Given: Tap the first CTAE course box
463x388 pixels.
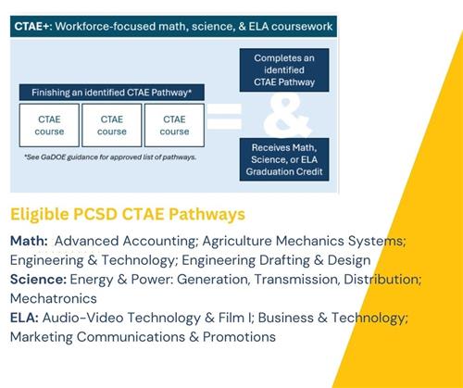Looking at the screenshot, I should coord(49,125).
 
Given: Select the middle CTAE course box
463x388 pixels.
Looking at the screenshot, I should coord(112,125).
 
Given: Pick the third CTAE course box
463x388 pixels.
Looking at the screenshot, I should coord(174,125).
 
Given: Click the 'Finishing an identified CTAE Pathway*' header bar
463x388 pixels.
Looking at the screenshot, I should coord(111,93).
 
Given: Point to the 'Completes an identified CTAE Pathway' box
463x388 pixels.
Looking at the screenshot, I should coord(291,69).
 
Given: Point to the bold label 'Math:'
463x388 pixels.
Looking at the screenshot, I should coord(30,241).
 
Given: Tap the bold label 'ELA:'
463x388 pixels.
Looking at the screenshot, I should coord(24,318).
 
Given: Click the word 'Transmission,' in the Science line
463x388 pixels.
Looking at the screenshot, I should coord(287,279).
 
